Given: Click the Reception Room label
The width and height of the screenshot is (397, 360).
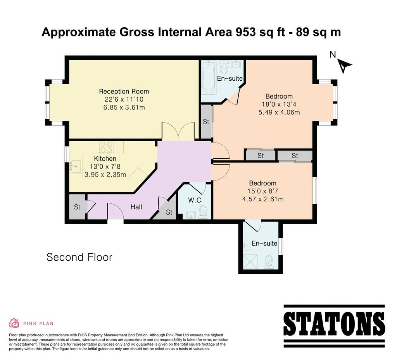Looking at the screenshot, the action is pyautogui.click(x=124, y=91).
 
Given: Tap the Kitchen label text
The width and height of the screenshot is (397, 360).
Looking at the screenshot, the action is pyautogui.click(x=105, y=159).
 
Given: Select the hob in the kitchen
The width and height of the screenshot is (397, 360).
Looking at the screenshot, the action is pyautogui.click(x=106, y=147).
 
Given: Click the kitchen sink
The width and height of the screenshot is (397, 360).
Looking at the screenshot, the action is pyautogui.click(x=75, y=166).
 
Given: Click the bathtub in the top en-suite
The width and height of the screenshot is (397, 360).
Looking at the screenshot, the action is pyautogui.click(x=209, y=76).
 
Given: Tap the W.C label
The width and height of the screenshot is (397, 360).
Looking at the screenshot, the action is pyautogui.click(x=195, y=200).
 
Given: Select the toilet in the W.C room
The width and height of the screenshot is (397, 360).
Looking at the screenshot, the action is pyautogui.click(x=203, y=212).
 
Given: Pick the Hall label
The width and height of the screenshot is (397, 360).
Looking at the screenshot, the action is pyautogui.click(x=136, y=207).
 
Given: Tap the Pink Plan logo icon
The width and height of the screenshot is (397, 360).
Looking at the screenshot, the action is pyautogui.click(x=14, y=323).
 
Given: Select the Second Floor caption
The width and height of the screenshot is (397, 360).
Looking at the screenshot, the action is pyautogui.click(x=79, y=257).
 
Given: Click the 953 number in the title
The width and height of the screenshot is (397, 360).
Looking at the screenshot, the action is pyautogui.click(x=245, y=32).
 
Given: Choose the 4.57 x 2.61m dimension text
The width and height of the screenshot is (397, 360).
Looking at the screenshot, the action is pyautogui.click(x=263, y=199).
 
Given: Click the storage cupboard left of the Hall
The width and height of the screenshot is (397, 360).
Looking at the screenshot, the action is pyautogui.click(x=78, y=207).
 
